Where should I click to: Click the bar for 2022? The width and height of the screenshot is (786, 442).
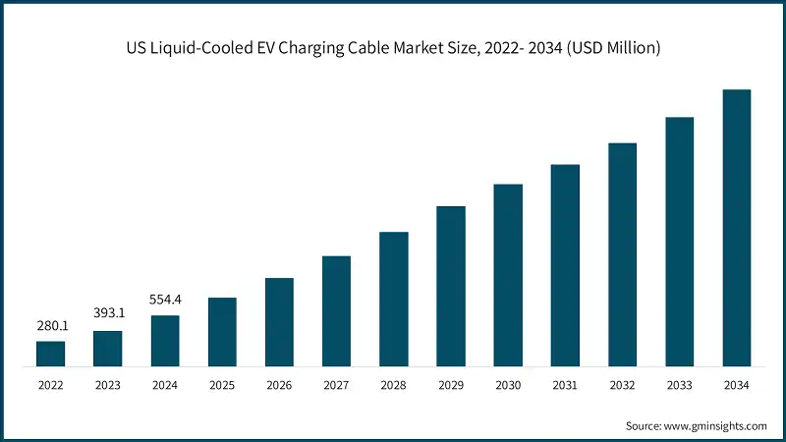(50, 355)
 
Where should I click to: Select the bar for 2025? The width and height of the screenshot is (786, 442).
(222, 332)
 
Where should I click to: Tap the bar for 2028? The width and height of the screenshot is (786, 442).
(394, 300)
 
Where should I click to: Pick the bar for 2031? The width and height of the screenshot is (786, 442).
(565, 265)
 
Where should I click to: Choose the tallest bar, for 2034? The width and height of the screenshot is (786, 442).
(737, 228)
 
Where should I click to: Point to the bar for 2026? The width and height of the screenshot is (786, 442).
(279, 322)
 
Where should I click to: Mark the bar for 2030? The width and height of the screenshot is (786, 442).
(508, 275)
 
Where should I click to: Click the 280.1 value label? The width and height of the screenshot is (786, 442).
(50, 325)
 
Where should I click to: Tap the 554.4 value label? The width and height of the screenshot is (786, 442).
(165, 299)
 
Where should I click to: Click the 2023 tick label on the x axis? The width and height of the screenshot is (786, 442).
(108, 386)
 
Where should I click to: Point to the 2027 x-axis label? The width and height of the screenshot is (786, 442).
(337, 386)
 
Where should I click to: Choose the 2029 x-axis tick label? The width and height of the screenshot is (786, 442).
(451, 386)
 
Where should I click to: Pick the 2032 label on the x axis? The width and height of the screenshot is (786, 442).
(622, 386)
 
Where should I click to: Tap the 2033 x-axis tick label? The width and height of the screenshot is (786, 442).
(680, 386)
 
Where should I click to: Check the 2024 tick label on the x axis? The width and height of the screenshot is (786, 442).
(165, 386)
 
